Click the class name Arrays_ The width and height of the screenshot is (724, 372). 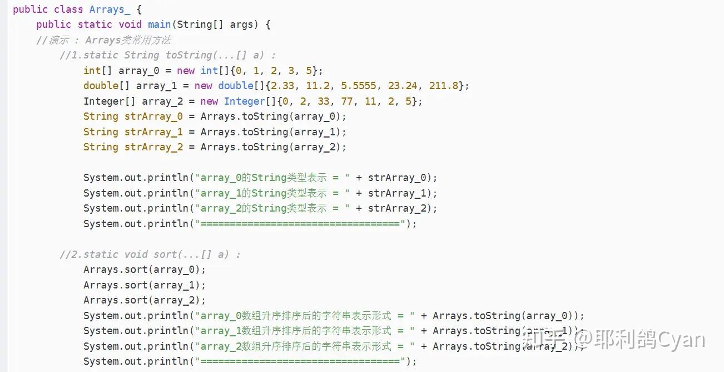tap(110, 9)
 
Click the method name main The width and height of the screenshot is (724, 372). tap(160, 25)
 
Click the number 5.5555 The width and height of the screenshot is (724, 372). tap(357, 86)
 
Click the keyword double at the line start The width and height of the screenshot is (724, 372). tap(101, 86)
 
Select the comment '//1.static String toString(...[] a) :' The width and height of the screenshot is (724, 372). tap(168, 55)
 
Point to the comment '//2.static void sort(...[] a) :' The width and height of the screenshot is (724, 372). tap(150, 254)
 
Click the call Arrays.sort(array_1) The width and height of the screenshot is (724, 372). tap(145, 285)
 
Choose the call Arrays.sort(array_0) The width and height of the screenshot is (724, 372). tap(145, 270)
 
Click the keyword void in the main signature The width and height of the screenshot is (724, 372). tap(130, 25)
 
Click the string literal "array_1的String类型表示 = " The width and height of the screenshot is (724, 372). tap(272, 193)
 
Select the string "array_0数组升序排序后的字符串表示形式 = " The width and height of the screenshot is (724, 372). tap(305, 316)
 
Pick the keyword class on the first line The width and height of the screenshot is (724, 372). tap(68, 9)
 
